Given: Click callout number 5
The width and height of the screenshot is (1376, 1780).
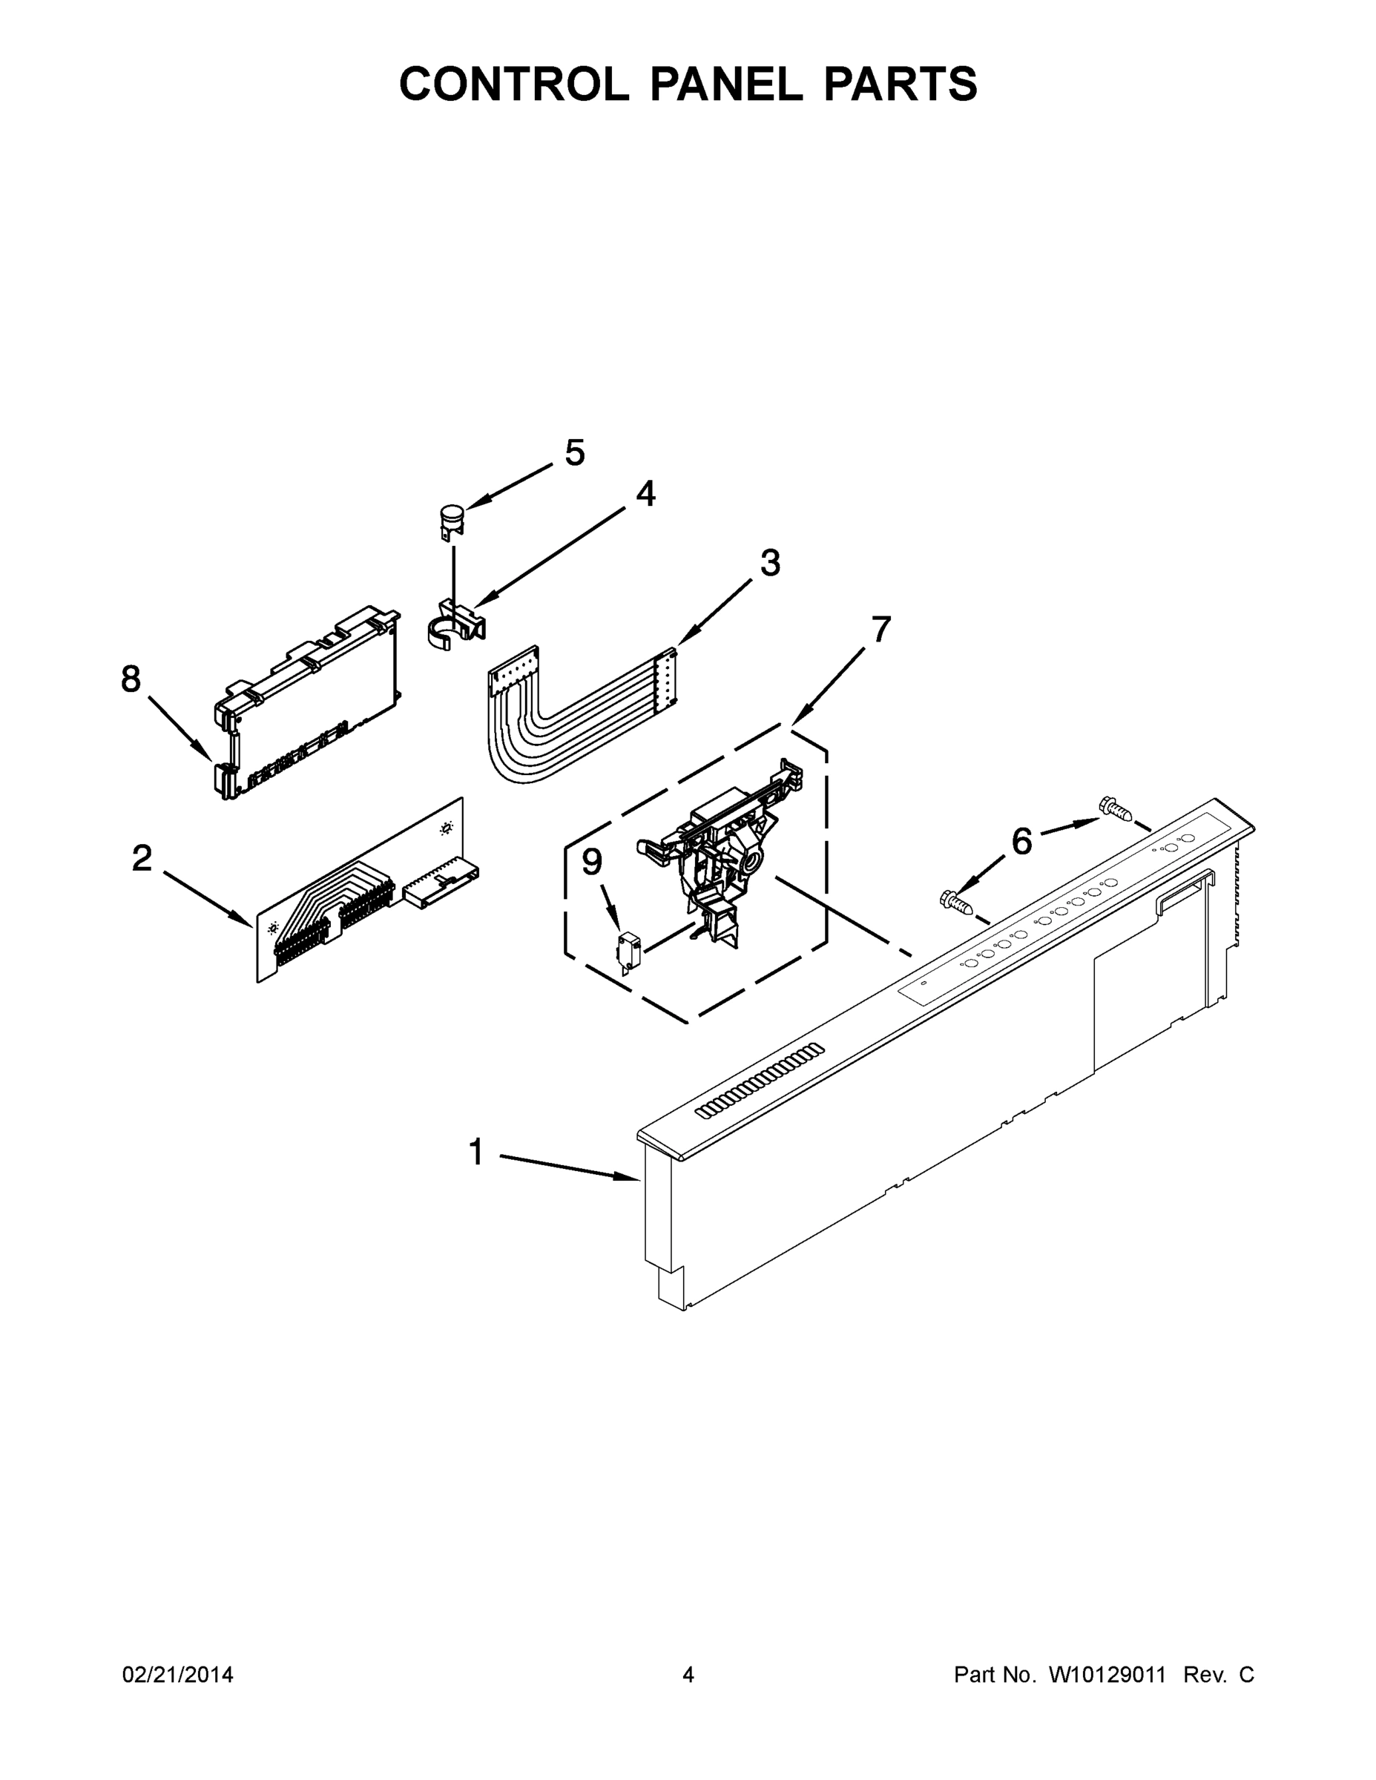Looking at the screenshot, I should [575, 452].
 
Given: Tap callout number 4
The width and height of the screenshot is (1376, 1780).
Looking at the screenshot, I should [645, 493].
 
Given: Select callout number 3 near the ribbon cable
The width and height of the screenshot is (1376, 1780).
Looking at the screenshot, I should [769, 562].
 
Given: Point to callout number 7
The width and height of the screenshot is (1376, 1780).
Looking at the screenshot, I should [880, 629].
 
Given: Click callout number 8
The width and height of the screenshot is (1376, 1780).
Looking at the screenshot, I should [131, 678].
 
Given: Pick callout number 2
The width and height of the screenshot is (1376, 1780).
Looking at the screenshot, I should [142, 858].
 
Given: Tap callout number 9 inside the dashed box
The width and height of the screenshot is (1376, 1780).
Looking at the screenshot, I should [592, 863].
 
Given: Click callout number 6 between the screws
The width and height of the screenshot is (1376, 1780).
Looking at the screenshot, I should [1021, 841].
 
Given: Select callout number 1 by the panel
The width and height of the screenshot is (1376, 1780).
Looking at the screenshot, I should [476, 1153].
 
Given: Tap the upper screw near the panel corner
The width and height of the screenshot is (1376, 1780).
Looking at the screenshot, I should [1115, 808].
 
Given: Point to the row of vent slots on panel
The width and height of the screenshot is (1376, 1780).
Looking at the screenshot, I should [759, 1080].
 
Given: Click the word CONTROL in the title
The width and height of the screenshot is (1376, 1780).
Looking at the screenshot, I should [513, 83].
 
